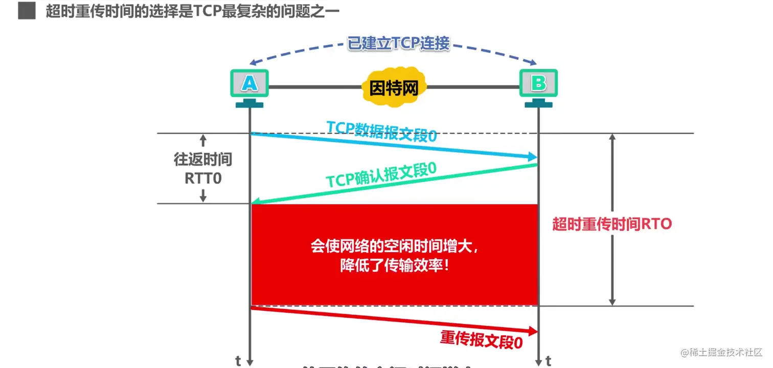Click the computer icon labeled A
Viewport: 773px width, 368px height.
tap(249, 84)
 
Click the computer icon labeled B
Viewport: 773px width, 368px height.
tap(538, 84)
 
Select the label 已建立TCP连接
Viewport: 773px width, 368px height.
tap(399, 44)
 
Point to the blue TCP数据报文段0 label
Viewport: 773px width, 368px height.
tap(382, 131)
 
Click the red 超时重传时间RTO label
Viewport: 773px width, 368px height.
tap(612, 224)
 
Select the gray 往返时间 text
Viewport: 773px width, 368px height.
tap(203, 159)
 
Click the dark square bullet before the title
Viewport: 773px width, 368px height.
tap(27, 11)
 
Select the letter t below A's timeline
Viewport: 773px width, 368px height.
tap(238, 361)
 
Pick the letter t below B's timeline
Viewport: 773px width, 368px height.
tap(549, 361)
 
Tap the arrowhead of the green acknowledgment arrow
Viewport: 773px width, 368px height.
tap(256, 202)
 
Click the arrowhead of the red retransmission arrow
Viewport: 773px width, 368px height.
tap(533, 331)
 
